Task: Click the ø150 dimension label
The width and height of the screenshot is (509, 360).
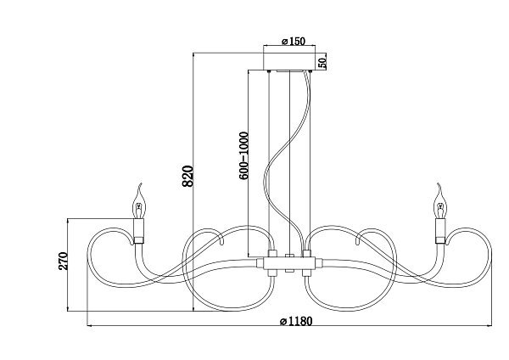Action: coord(294,42)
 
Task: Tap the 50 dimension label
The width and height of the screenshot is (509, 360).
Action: coord(322,62)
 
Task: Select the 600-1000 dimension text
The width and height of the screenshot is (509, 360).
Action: coord(243,155)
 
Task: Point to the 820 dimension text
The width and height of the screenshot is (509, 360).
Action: coord(188,177)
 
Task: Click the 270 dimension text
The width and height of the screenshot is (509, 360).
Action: coord(64,261)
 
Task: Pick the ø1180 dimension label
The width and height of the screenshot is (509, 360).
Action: coord(296,321)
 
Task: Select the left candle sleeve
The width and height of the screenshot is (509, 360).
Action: coord(139,228)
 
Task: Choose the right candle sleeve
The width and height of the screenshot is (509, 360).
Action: coord(440,228)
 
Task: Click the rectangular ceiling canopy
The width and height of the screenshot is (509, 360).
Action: coord(289,61)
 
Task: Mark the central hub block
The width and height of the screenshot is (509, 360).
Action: coord(289,263)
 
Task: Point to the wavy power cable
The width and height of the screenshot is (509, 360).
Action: coord(285,162)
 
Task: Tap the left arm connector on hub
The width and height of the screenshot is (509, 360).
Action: coord(260,262)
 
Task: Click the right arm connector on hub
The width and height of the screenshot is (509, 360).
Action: coord(319,262)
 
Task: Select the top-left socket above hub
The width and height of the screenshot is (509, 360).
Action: coord(272,253)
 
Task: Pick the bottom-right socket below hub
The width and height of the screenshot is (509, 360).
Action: coord(307,273)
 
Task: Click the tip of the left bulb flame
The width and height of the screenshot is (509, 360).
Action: coord(141,183)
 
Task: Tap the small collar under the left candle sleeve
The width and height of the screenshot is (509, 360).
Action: coord(139,240)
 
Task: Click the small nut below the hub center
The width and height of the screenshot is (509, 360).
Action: coord(289,271)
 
